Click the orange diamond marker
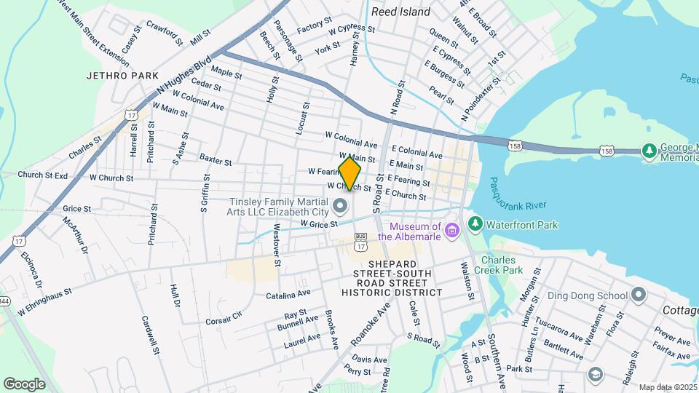coord(349,174)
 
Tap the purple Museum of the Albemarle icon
coord(451,231)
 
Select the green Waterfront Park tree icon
coord(475,223)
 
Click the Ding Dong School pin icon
coord(639,295)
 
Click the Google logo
coord(24,384)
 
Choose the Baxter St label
coord(215,160)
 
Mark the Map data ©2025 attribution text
coord(667,387)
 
